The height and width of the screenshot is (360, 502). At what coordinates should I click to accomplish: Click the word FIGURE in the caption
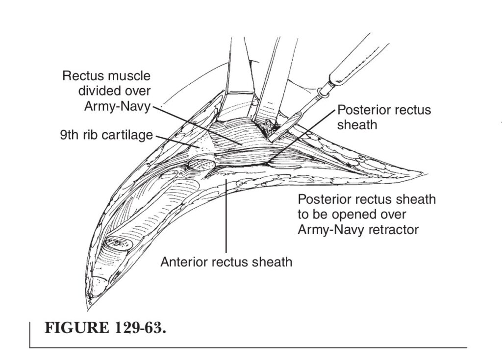coord(77,328)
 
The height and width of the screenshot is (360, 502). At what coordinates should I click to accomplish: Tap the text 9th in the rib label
coord(69,135)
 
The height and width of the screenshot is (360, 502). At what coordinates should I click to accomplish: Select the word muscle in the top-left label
coord(129,76)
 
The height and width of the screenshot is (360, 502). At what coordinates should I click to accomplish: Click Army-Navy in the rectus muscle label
coord(117,106)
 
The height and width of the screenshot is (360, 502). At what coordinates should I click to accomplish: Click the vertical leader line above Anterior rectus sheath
coord(226,216)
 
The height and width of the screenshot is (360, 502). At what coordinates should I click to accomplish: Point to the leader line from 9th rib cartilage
coord(177,142)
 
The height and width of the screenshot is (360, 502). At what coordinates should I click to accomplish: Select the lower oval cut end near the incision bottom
coord(119,243)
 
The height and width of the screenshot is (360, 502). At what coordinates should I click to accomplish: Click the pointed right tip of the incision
coord(427,174)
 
